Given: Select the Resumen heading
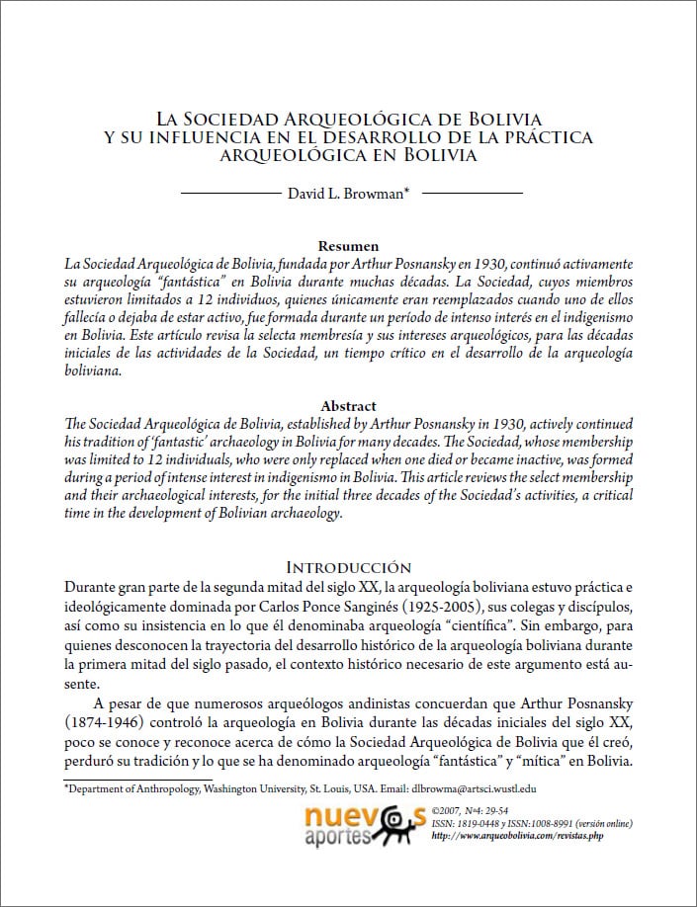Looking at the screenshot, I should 348,246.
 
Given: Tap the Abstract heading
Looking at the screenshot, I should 348,406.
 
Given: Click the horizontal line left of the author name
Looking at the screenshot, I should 238,194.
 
